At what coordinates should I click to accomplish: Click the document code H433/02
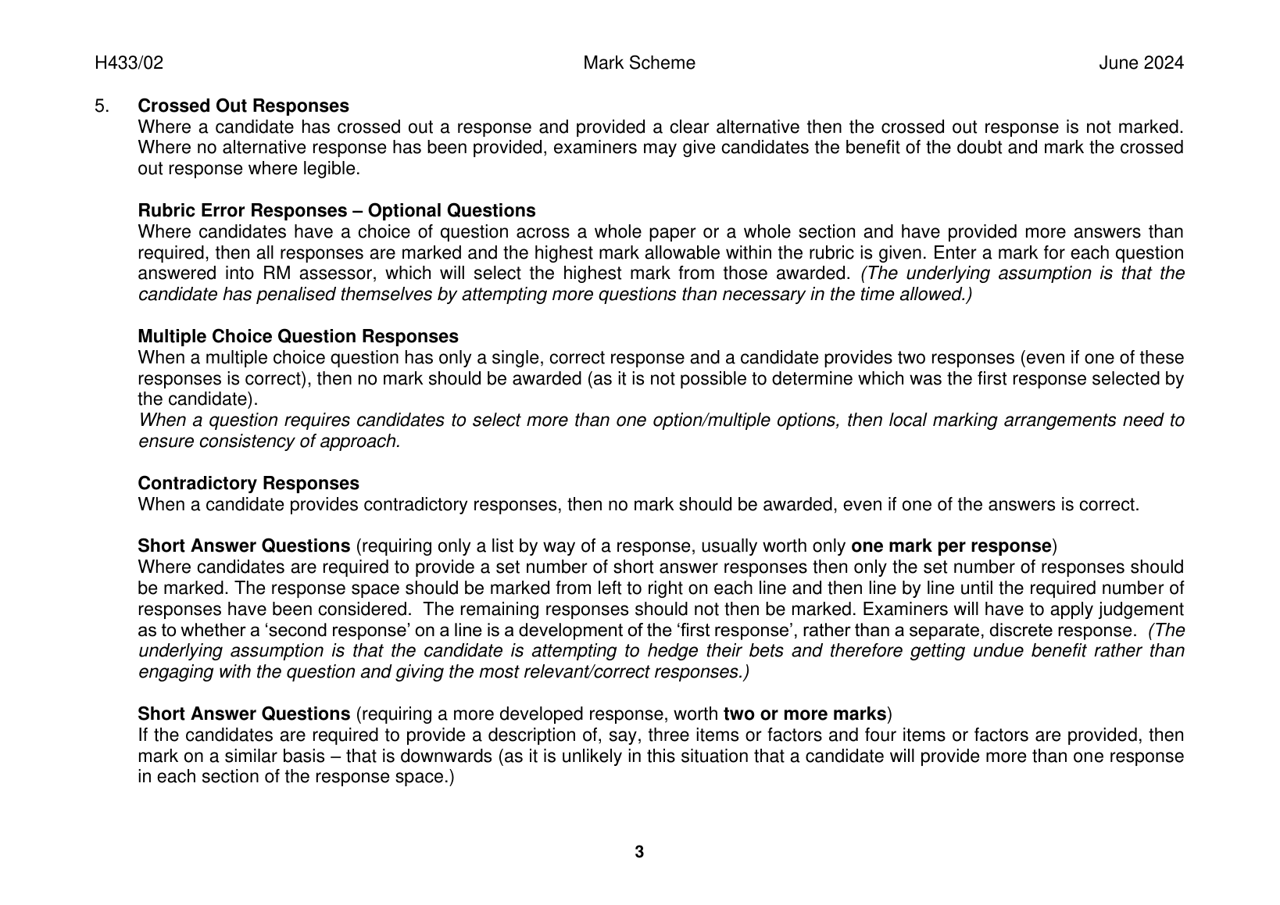(129, 63)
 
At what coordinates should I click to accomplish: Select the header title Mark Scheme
(639, 63)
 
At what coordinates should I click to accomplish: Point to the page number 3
(639, 852)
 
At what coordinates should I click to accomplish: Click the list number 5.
(101, 106)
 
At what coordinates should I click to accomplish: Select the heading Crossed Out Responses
(243, 106)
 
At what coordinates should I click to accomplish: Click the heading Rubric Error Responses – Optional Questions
(337, 211)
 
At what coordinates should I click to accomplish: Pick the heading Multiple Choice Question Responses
(298, 337)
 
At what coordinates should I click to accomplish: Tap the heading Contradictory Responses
(248, 484)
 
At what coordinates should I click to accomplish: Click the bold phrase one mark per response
(951, 546)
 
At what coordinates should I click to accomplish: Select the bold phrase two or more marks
(805, 714)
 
